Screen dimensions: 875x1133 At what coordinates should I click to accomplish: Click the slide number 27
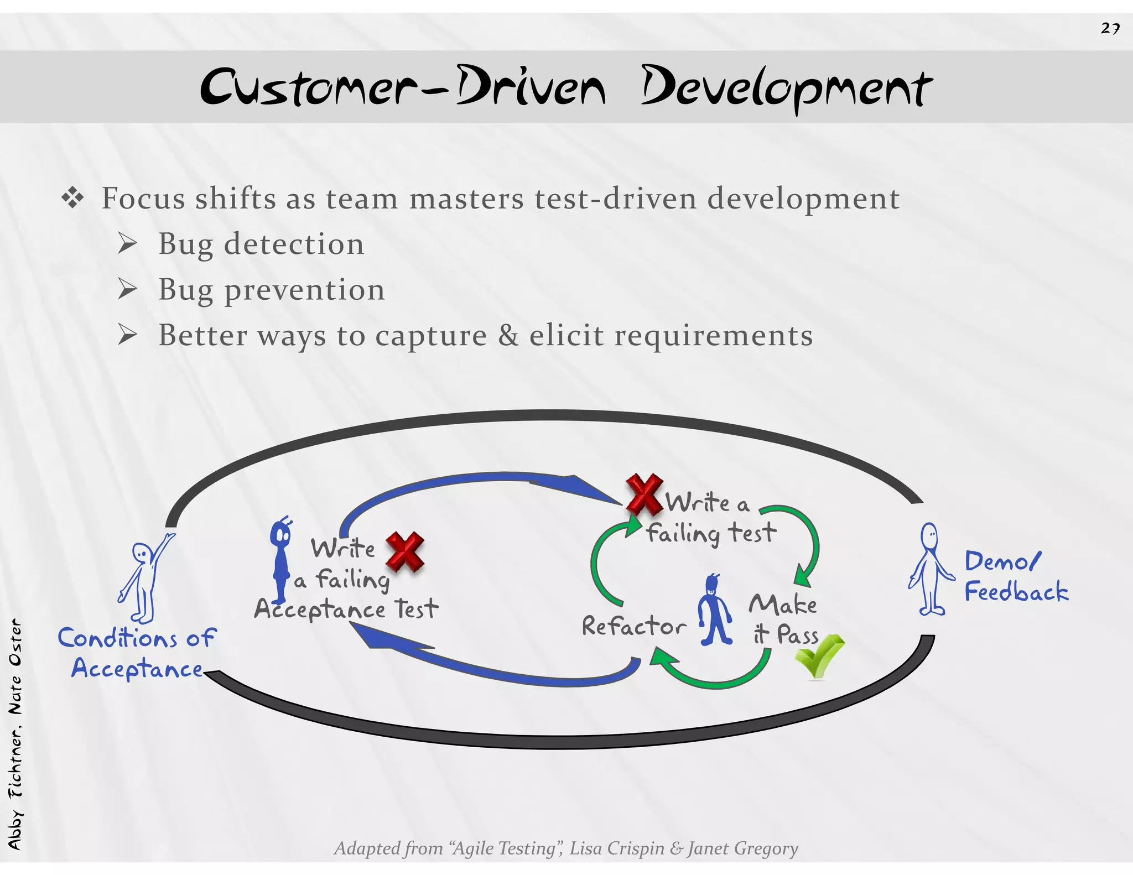tap(1110, 28)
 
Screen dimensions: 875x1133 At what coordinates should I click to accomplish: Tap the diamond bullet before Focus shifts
tap(72, 198)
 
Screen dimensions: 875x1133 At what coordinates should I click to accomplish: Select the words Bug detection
tap(261, 244)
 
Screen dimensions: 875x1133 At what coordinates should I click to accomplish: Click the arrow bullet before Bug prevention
tap(127, 289)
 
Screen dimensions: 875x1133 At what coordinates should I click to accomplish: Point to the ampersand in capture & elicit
tap(508, 335)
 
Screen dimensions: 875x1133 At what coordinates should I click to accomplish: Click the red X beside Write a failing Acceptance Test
tap(405, 551)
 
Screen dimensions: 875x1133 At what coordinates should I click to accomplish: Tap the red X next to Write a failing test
tap(645, 494)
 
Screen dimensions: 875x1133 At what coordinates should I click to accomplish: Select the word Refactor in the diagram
tap(633, 626)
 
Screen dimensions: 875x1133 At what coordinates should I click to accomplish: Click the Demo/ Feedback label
tap(1016, 576)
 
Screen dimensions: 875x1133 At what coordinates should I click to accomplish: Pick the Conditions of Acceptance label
tap(137, 653)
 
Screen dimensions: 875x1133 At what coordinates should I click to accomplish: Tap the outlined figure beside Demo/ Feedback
tap(931, 570)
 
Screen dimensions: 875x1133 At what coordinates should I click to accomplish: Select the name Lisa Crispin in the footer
tap(617, 848)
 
